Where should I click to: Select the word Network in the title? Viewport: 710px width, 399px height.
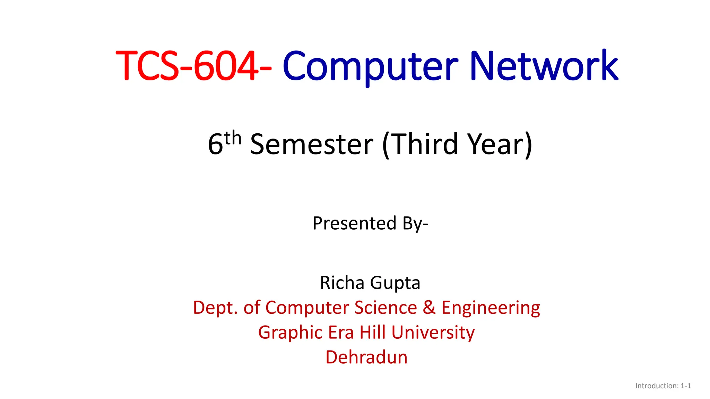tap(544, 66)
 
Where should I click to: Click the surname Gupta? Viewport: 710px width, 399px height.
tap(395, 283)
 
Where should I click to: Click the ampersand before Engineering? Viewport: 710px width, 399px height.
tap(429, 308)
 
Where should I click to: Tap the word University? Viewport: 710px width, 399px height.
tap(433, 333)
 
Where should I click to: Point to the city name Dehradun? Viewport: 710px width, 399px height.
tap(366, 357)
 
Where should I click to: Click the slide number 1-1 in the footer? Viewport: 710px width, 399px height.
tap(686, 386)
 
